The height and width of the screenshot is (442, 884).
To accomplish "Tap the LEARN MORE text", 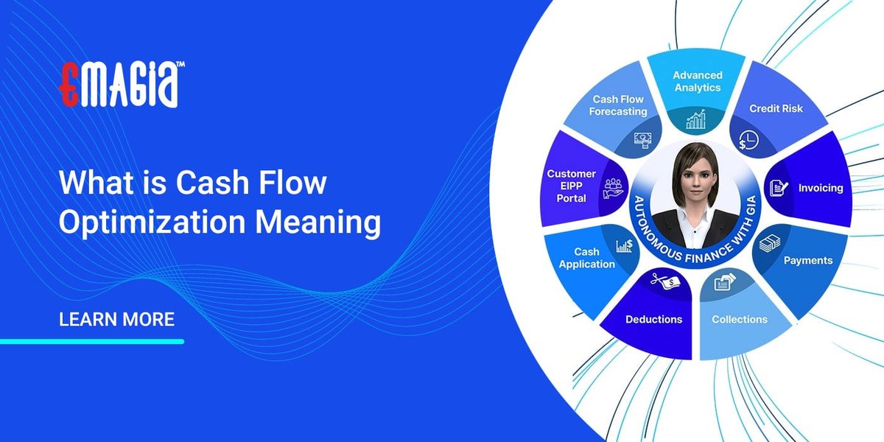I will (x=116, y=320).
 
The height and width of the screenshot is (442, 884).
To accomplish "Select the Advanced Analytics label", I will (x=698, y=81).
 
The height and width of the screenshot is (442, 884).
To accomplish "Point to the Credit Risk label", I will (x=776, y=108).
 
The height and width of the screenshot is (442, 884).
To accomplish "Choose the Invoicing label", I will (x=820, y=188).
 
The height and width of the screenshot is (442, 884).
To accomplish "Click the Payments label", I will (x=807, y=260).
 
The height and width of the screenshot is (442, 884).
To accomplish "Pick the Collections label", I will (x=740, y=319).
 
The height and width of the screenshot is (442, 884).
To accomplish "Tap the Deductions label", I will (x=653, y=319).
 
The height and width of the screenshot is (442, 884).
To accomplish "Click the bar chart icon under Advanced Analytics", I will (x=696, y=119).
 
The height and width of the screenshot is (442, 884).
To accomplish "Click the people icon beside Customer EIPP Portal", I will (x=613, y=188).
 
